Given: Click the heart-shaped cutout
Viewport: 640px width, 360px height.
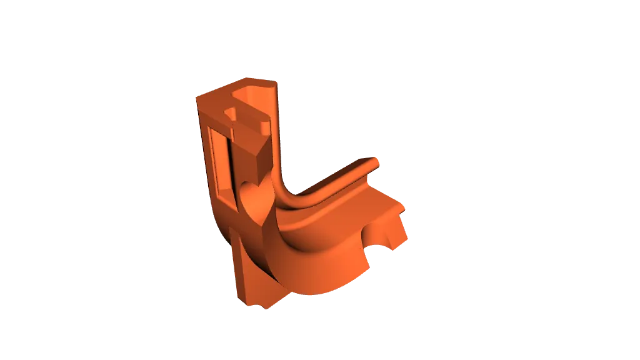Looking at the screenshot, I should (256, 199).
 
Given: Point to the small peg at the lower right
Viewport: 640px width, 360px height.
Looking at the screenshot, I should (396, 232).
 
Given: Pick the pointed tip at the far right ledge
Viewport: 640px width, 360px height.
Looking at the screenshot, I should (406, 208).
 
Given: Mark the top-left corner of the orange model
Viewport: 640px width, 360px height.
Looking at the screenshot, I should (198, 96).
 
